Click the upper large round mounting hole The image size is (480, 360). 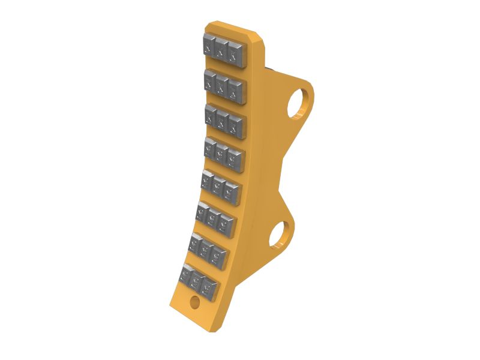[x=299, y=103]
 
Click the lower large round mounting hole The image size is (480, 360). [x=278, y=234]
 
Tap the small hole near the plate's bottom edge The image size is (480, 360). [x=194, y=302]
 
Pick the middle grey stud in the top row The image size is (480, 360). [x=223, y=49]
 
